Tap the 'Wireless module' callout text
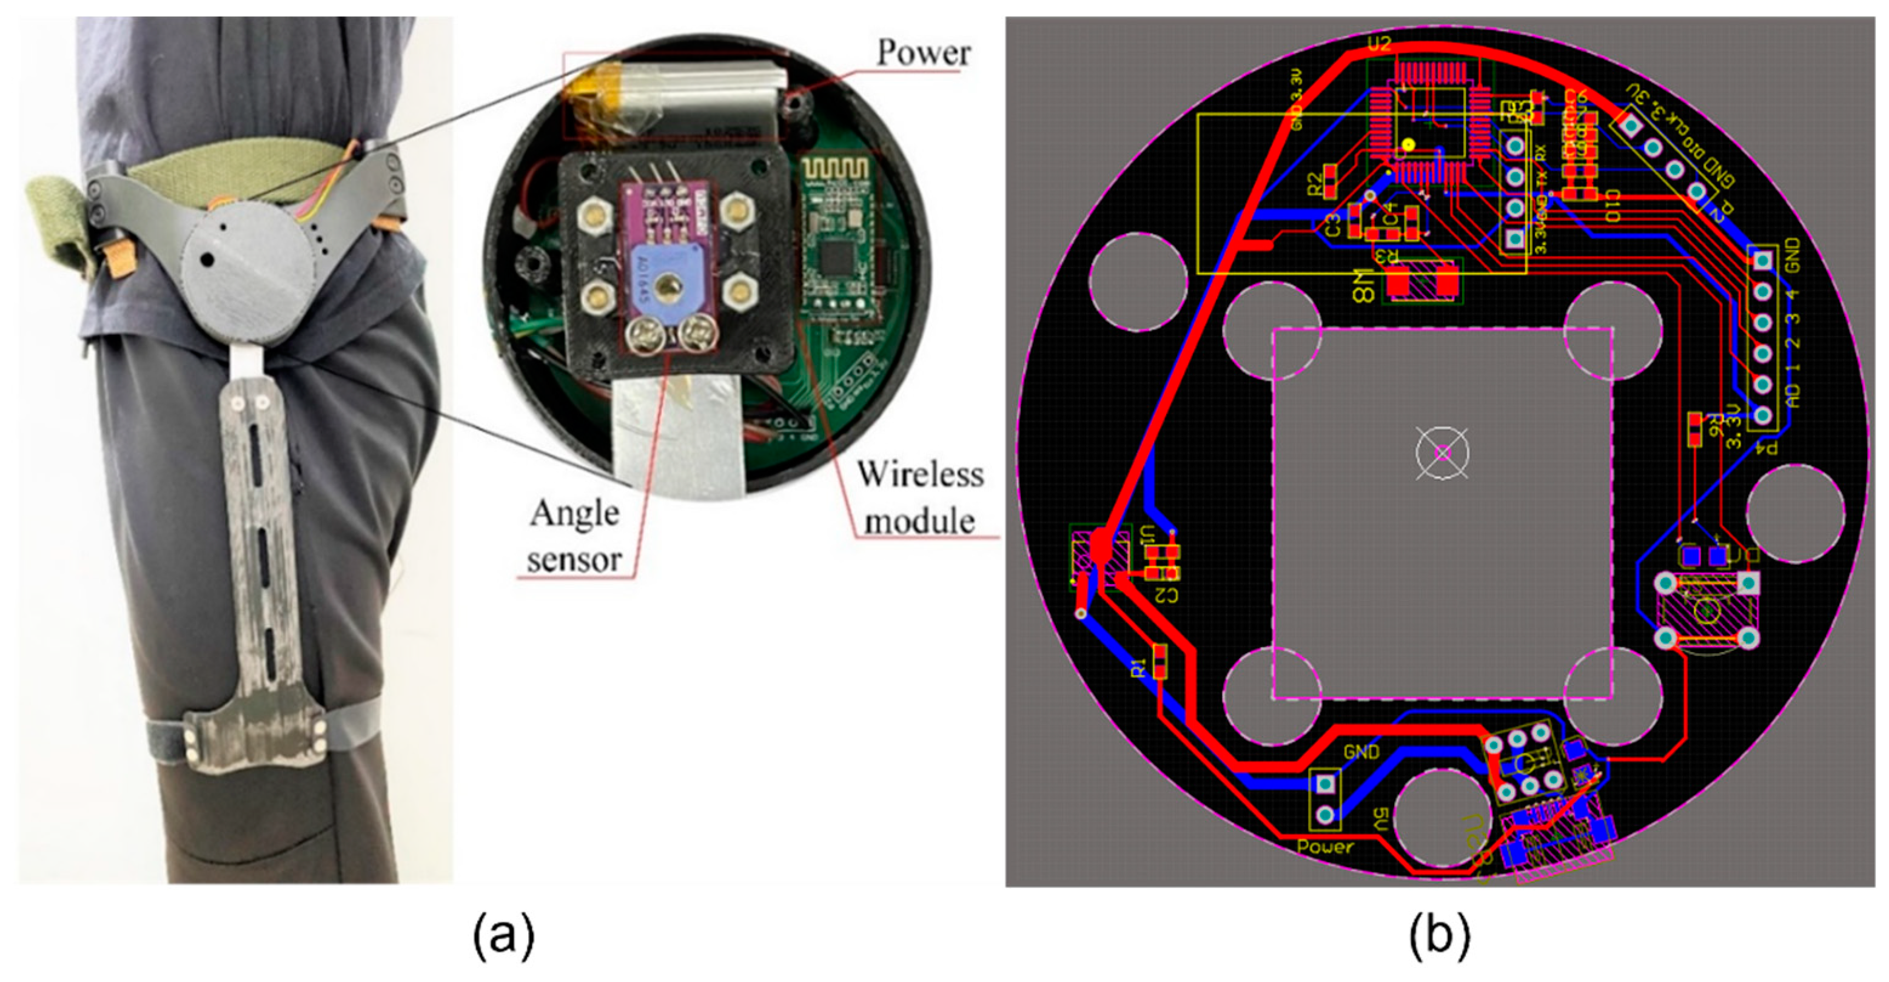[921, 498]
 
